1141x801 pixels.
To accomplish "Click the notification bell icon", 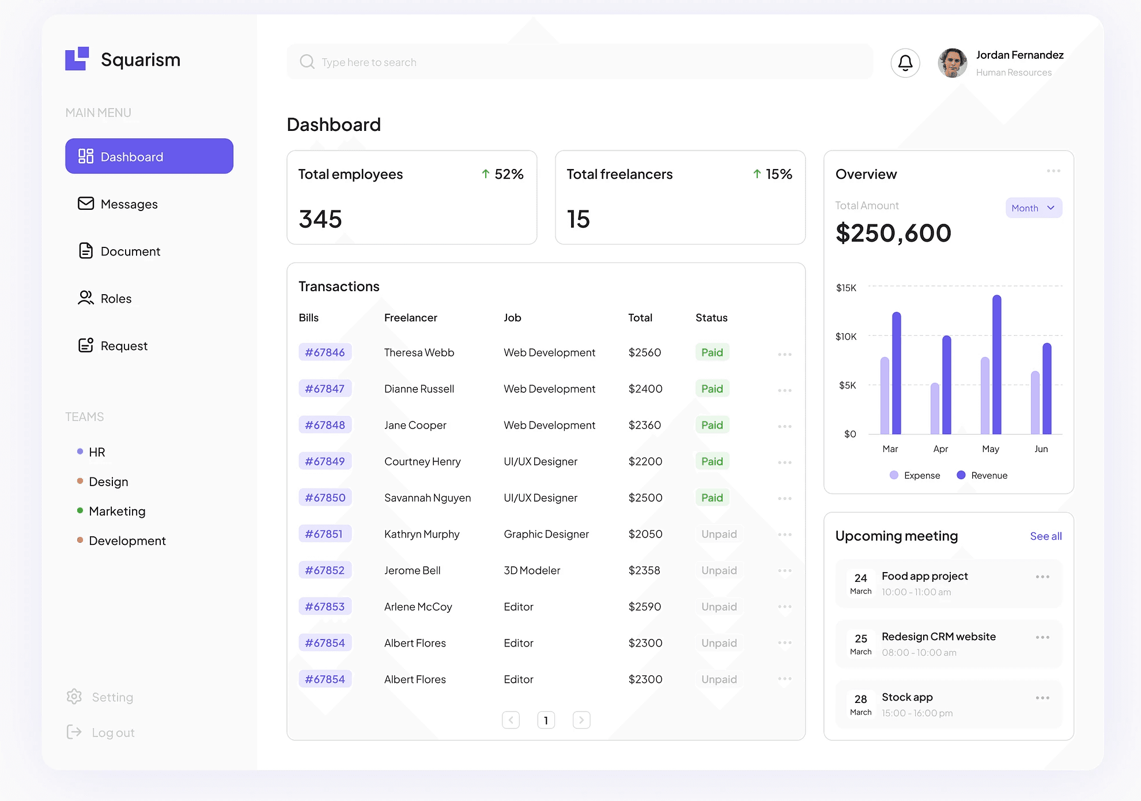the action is pyautogui.click(x=905, y=63).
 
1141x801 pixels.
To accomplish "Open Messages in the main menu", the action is pyautogui.click(x=118, y=204).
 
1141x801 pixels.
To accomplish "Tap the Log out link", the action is pyautogui.click(x=101, y=732).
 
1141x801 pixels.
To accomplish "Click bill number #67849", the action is pyautogui.click(x=325, y=461).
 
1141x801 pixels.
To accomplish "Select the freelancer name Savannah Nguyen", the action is pyautogui.click(x=428, y=498).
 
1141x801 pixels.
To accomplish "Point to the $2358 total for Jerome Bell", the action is pyautogui.click(x=644, y=570).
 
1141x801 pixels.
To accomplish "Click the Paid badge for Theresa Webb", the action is pyautogui.click(x=712, y=352).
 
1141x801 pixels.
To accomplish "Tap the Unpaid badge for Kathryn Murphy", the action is pyautogui.click(x=719, y=534).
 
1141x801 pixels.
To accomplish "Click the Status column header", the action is pyautogui.click(x=712, y=318).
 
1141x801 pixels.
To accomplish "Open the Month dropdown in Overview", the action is pyautogui.click(x=1034, y=208).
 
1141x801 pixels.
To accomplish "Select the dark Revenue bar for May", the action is pyautogui.click(x=997, y=364).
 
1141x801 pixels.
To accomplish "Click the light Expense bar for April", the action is pyautogui.click(x=935, y=408).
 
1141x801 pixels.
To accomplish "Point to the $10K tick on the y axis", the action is pyautogui.click(x=846, y=336).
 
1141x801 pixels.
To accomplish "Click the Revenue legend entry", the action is pyautogui.click(x=982, y=475).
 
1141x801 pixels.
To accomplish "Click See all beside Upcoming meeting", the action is pyautogui.click(x=1046, y=536).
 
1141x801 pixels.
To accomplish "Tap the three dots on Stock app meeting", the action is pyautogui.click(x=1042, y=698).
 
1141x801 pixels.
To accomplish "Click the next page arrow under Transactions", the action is pyautogui.click(x=581, y=720).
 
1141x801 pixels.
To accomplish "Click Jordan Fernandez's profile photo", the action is pyautogui.click(x=953, y=63).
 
